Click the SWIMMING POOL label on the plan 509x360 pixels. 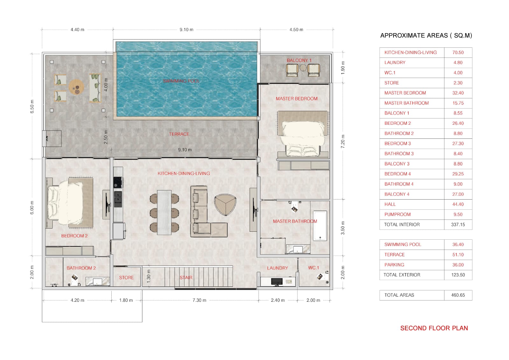[x=181, y=81]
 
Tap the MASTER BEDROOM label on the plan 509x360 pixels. [x=296, y=99]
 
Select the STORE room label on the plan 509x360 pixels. [x=126, y=278]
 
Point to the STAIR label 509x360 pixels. [x=186, y=278]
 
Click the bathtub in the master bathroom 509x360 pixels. [x=320, y=226]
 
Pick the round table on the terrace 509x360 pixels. [x=76, y=87]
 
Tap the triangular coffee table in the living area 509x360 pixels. [x=225, y=204]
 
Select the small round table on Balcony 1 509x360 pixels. [x=303, y=68]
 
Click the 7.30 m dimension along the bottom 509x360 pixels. [x=199, y=300]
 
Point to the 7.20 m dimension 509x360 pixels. [x=343, y=141]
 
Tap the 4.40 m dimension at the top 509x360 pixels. [x=77, y=30]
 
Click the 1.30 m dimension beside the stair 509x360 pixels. [x=149, y=276]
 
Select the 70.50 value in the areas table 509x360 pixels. [x=458, y=53]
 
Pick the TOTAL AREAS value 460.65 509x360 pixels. [x=458, y=295]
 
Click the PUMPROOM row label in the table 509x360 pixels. [x=397, y=215]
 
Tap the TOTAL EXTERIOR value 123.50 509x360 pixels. [x=458, y=275]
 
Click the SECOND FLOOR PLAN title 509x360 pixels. [x=434, y=328]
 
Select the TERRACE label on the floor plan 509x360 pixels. [x=179, y=134]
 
